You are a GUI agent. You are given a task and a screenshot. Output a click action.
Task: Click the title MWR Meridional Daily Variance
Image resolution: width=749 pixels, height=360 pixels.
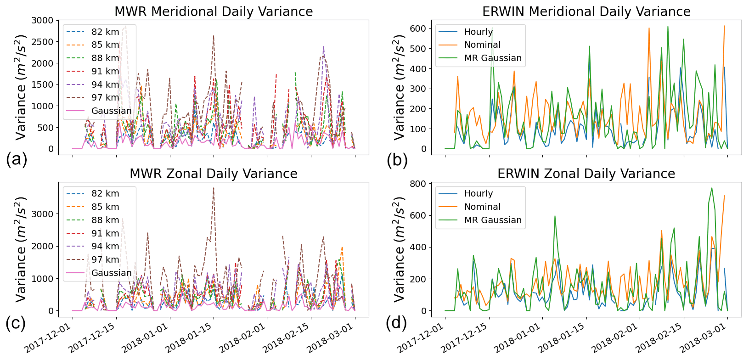[214, 11]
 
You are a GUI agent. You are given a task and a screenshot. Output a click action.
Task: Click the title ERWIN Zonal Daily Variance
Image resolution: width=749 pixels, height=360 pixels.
[586, 174]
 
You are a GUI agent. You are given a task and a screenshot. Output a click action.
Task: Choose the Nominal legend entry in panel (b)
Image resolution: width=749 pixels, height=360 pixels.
[482, 45]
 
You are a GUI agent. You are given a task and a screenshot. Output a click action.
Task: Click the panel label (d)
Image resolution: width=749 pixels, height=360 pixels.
[396, 323]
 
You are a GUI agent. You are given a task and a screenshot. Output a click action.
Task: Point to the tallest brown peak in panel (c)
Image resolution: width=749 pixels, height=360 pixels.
[214, 188]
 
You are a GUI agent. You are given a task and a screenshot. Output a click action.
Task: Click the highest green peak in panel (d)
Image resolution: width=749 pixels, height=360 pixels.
[712, 188]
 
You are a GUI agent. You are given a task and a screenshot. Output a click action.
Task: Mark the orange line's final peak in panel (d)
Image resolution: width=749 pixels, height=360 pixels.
[724, 196]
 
